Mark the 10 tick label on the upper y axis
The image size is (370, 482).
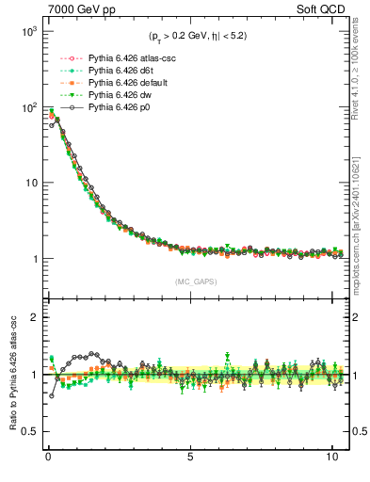pos(29,183)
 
